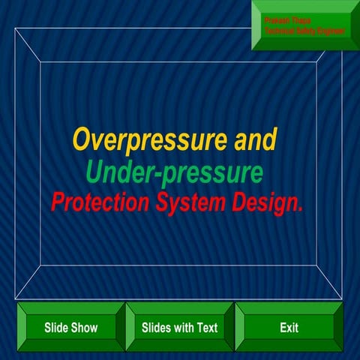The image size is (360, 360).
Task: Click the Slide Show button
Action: coord(70,328)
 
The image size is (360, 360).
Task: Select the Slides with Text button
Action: coord(179,328)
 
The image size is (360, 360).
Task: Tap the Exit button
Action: coord(289,328)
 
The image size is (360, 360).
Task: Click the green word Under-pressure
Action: coord(174,172)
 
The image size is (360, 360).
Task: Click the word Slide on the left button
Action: coord(57,328)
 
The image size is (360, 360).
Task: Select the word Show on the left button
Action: coord(85,328)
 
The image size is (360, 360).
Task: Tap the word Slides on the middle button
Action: coord(156,328)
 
